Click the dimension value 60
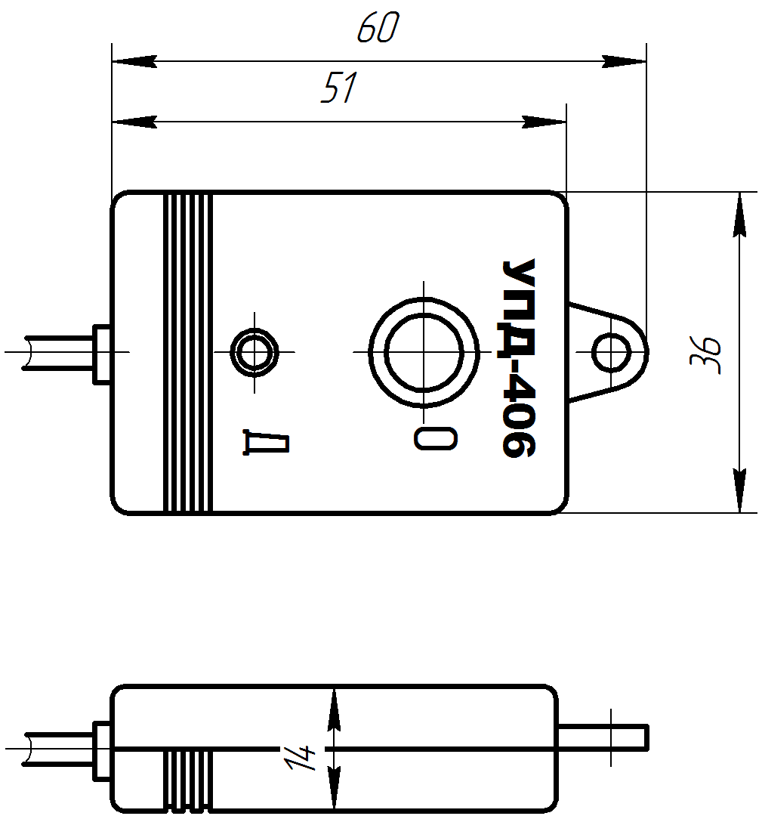click(x=377, y=29)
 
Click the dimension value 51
click(x=338, y=89)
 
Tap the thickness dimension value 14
click(x=300, y=758)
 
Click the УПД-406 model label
click(x=519, y=358)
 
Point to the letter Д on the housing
click(x=267, y=444)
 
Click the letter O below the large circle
click(x=436, y=437)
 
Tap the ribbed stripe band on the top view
click(x=188, y=353)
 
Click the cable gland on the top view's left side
click(x=101, y=354)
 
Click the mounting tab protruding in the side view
click(x=603, y=737)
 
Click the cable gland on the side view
click(x=101, y=751)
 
